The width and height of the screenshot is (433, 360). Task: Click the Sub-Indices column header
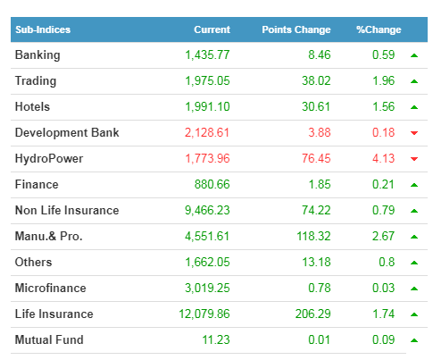pos(43,29)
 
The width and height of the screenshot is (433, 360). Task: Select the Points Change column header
pos(296,29)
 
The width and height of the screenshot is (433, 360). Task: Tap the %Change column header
pos(379,29)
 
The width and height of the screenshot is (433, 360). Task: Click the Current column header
pos(212,29)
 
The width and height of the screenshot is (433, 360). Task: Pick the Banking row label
pos(37,55)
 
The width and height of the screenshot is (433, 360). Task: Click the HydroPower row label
pos(49,158)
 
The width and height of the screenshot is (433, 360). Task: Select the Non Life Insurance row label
pos(67,210)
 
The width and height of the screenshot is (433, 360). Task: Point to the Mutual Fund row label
pos(49,339)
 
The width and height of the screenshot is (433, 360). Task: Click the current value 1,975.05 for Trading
pos(207,81)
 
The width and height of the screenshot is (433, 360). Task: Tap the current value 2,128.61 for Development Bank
pos(207,133)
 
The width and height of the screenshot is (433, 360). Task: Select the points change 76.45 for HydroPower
pos(316,158)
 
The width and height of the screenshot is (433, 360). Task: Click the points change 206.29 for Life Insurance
pos(313,314)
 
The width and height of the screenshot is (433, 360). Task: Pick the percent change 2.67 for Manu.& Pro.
pos(383,236)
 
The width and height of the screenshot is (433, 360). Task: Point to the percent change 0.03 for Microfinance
pos(383,288)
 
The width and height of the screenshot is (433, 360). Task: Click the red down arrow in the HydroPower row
pos(414,159)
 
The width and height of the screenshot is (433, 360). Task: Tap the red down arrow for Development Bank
pos(414,133)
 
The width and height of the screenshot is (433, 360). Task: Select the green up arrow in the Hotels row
pos(414,107)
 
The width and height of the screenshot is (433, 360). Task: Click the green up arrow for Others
pos(414,263)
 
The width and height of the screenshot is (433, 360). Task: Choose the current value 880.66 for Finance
pos(212,184)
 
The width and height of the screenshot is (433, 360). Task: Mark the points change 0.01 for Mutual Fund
pos(319,339)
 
